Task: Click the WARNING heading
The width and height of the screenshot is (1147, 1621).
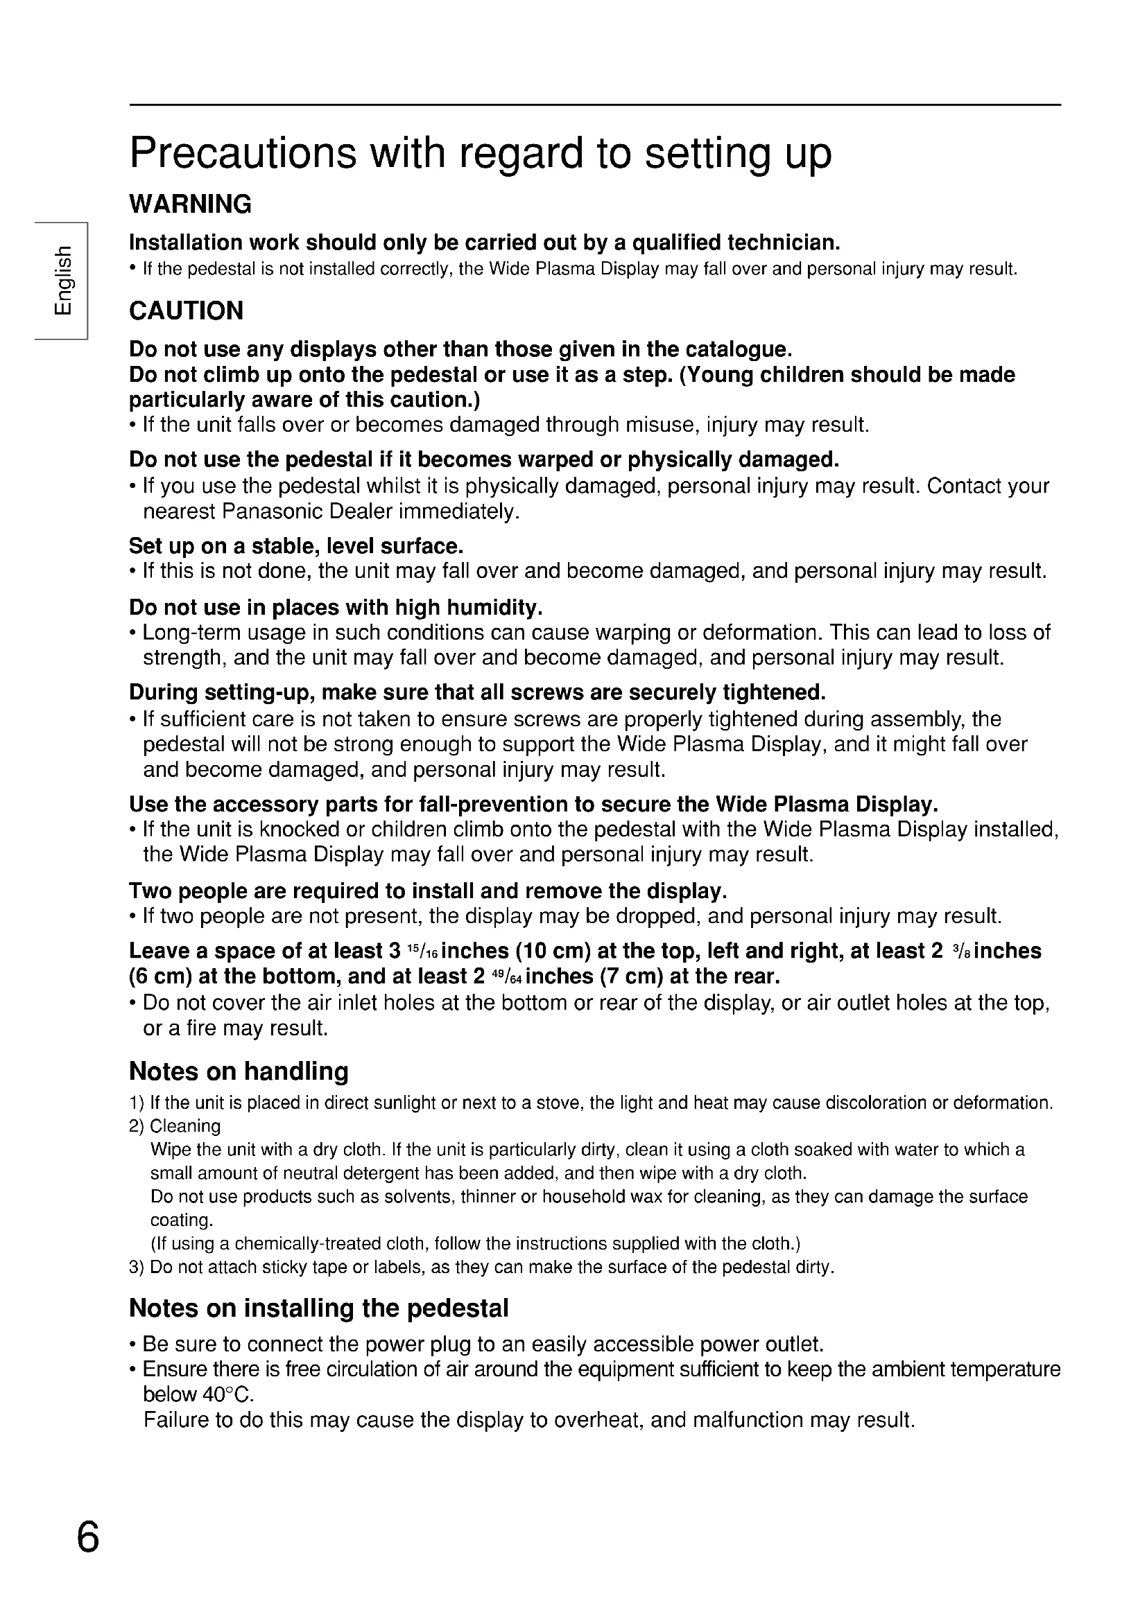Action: (190, 204)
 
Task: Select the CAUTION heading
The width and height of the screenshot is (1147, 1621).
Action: (186, 310)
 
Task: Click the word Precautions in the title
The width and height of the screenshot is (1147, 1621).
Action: (243, 152)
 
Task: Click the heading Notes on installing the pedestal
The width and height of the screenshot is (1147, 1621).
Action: (318, 1308)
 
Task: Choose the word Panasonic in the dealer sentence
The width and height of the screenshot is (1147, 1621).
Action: (271, 511)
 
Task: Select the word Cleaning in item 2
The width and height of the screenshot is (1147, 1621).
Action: (185, 1126)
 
